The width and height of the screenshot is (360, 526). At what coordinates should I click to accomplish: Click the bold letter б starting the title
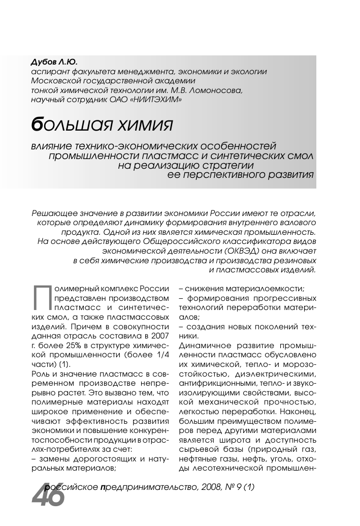coord(37,123)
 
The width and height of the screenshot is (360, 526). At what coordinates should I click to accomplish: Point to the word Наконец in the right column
coord(301,409)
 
